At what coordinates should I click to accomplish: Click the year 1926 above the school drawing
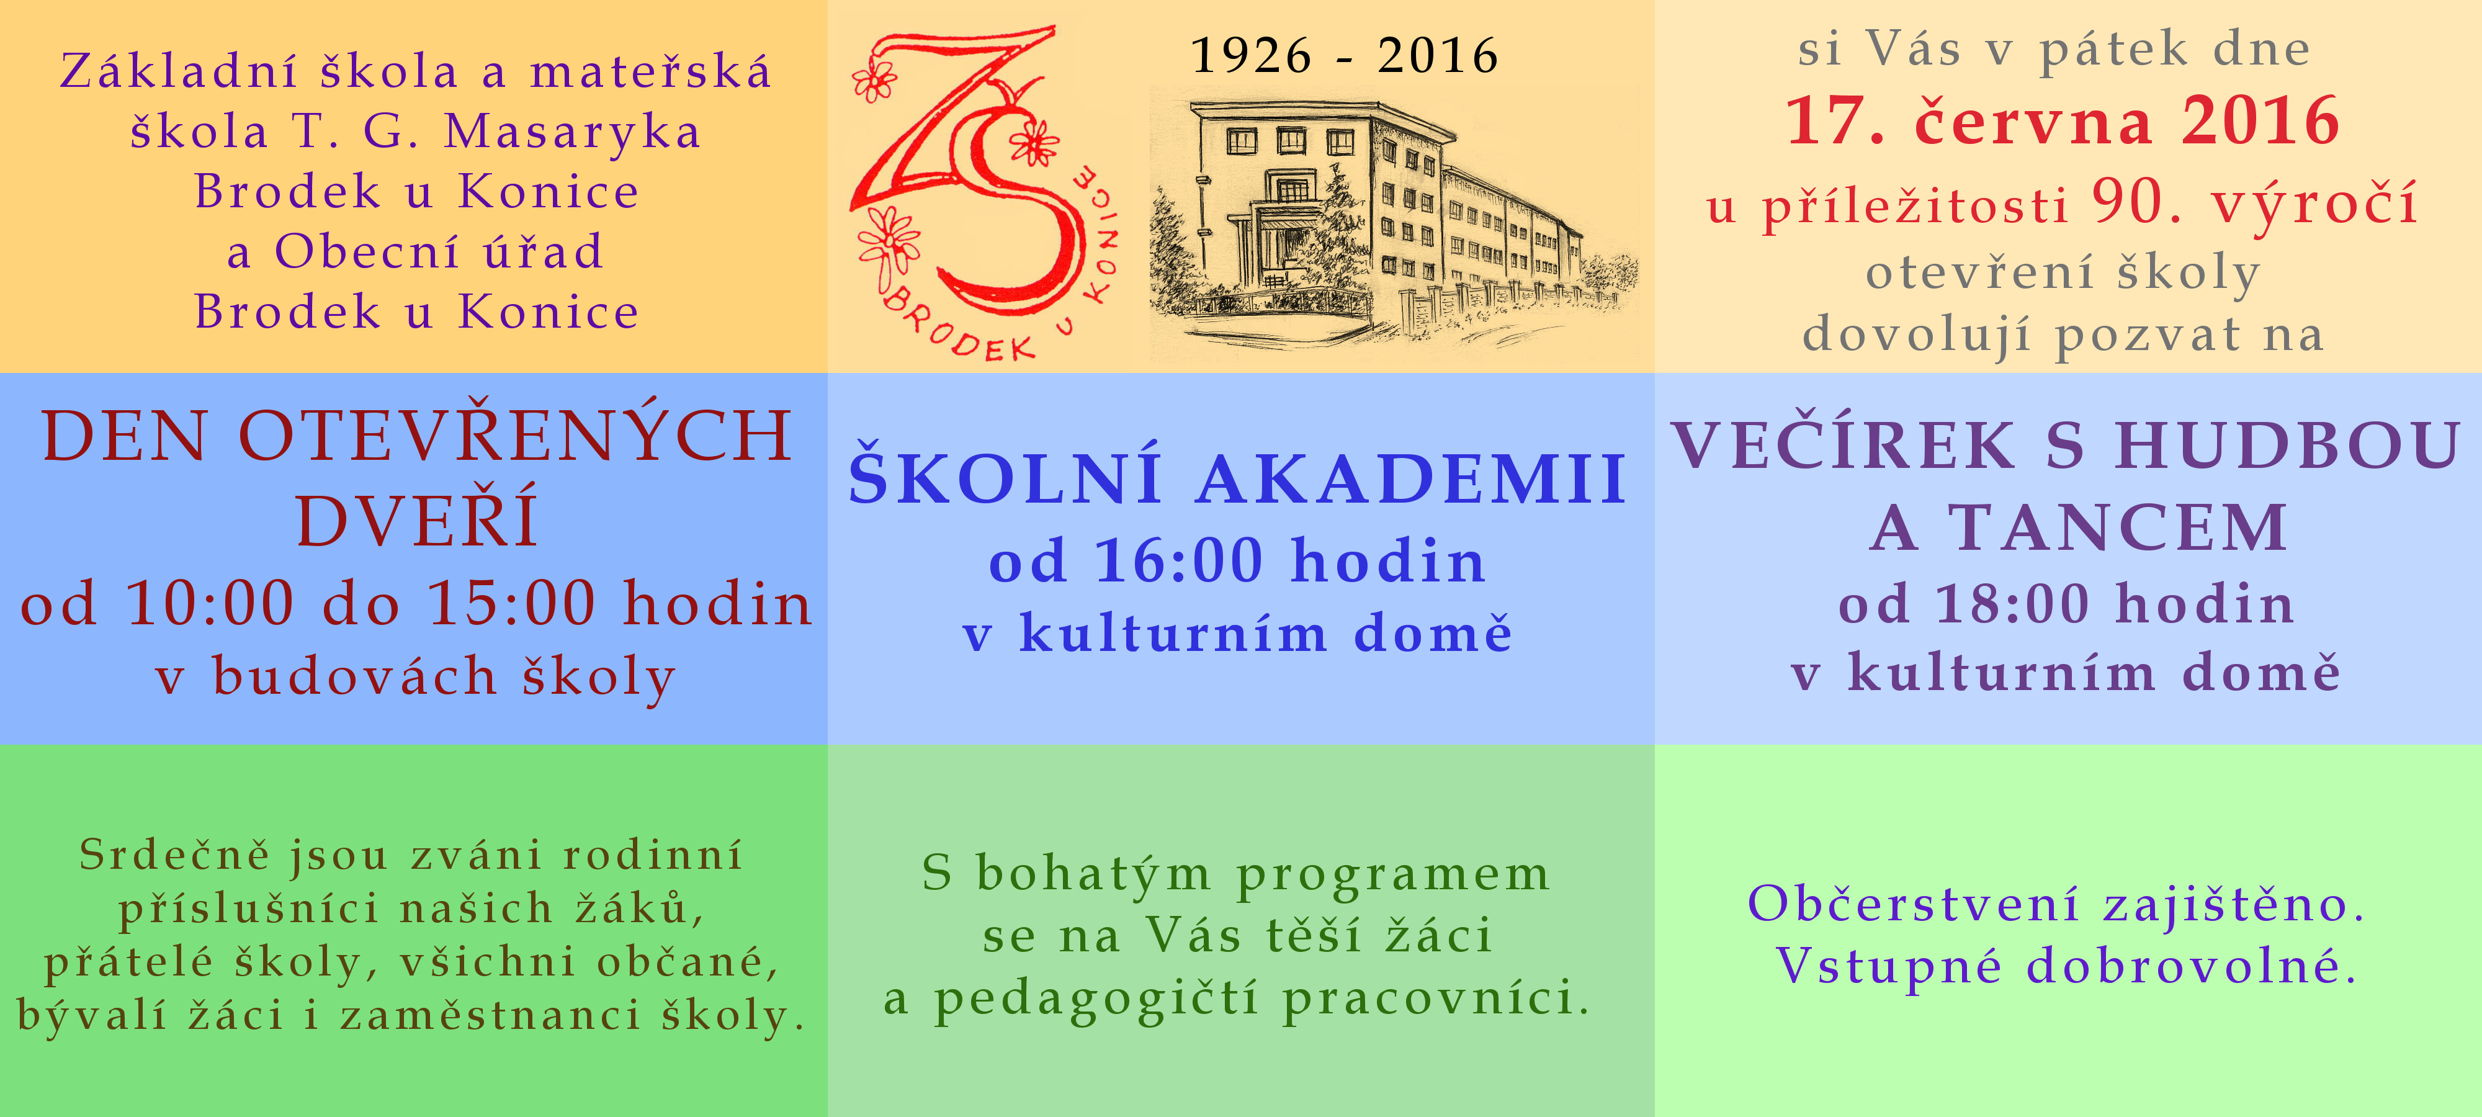tap(1251, 55)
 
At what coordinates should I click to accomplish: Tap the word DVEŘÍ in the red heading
tap(416, 521)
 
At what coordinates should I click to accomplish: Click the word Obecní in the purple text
tap(367, 251)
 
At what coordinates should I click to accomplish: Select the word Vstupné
tap(1888, 965)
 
